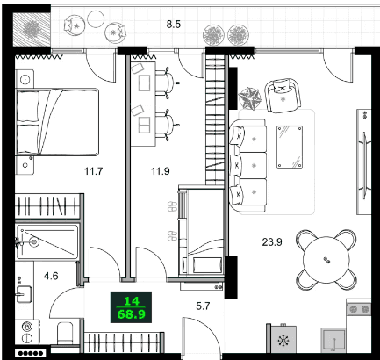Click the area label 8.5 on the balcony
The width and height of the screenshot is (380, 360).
[x=174, y=24]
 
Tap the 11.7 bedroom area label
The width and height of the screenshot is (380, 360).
[x=94, y=171]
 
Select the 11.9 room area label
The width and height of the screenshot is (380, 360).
[x=161, y=171]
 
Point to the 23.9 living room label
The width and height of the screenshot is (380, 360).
[x=272, y=242]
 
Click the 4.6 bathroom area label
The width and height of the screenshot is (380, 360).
[x=51, y=276]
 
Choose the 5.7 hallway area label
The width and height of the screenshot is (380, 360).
[x=203, y=306]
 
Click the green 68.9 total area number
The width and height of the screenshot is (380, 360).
[x=131, y=314]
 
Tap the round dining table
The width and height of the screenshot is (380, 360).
[x=326, y=260]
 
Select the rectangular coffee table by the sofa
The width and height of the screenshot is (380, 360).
[x=290, y=147]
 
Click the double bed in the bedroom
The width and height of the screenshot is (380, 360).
[x=57, y=121]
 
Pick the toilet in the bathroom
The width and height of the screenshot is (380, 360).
[x=65, y=333]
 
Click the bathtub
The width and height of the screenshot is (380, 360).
[x=47, y=241]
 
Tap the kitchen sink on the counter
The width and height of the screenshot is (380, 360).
[x=334, y=340]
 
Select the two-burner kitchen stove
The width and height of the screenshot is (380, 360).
[x=359, y=309]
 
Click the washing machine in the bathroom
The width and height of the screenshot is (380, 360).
[x=27, y=332]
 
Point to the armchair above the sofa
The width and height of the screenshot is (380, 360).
[x=283, y=96]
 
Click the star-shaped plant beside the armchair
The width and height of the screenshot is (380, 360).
[x=249, y=98]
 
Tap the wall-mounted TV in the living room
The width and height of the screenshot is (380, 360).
[x=365, y=165]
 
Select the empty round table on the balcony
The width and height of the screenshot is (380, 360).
[x=96, y=19]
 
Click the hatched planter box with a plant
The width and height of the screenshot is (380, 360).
[x=32, y=29]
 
